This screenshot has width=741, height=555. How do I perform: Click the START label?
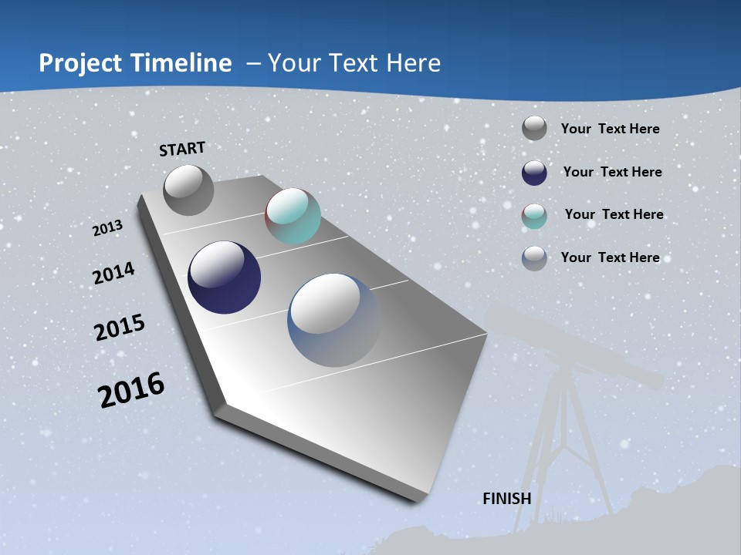(182, 149)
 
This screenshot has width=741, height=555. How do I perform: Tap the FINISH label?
(507, 499)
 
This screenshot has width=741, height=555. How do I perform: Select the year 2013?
(107, 228)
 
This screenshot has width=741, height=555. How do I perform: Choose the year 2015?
(120, 328)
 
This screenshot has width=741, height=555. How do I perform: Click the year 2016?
(131, 389)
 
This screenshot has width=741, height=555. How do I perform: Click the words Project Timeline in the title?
(135, 63)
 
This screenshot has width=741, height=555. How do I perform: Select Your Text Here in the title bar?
(354, 63)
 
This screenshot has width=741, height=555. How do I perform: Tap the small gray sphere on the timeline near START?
(188, 190)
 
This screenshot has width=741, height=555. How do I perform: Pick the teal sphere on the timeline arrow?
(293, 216)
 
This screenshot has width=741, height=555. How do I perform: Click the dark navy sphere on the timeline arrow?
(224, 277)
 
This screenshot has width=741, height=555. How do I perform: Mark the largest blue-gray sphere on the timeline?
(333, 320)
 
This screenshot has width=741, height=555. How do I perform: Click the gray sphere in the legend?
(534, 128)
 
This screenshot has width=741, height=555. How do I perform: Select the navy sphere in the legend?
(534, 172)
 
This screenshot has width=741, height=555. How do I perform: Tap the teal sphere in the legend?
(534, 215)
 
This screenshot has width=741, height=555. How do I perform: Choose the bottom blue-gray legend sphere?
(534, 257)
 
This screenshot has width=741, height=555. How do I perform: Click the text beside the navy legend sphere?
(612, 172)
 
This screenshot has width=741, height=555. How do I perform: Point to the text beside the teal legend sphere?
(614, 214)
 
